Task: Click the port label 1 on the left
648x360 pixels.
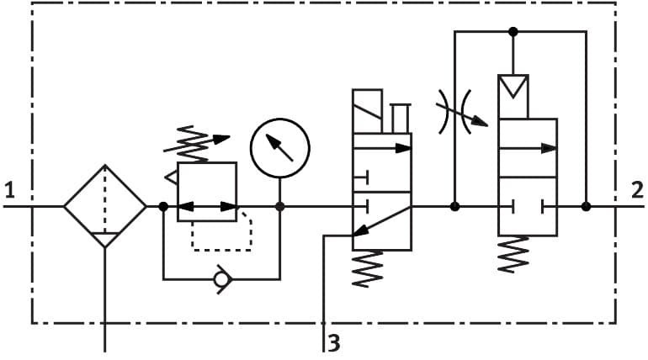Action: point(9,189)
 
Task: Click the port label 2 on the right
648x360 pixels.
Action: point(637,189)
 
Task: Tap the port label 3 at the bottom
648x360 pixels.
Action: point(334,343)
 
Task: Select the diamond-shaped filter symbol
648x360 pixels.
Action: point(105,206)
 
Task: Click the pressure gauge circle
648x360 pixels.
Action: point(279,147)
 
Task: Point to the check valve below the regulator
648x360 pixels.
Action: point(221,278)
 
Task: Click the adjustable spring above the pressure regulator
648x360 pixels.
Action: point(196,144)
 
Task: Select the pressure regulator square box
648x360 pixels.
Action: point(207,192)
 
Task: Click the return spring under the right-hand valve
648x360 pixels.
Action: point(514,254)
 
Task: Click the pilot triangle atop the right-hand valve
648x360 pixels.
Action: point(513,87)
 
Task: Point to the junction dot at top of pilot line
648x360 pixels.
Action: point(513,32)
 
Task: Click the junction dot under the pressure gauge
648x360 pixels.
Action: point(279,206)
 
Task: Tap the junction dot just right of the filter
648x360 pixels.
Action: point(163,206)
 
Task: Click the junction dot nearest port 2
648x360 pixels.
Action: point(586,206)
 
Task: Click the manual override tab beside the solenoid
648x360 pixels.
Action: point(401,118)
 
